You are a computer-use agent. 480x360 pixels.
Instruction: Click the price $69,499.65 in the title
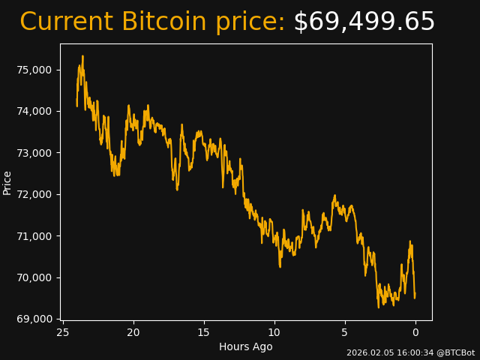[x=364, y=22]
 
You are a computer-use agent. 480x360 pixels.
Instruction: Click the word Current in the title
[x=66, y=22]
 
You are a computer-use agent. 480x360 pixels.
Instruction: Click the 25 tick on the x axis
[x=63, y=332]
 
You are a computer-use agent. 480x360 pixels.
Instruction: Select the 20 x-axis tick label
[x=133, y=332]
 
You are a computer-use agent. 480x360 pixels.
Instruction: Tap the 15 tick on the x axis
[x=204, y=332]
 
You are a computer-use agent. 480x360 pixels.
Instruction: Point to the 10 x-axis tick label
[x=274, y=332]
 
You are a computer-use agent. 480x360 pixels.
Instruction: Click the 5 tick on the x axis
[x=345, y=332]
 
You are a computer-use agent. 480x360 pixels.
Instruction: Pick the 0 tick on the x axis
[x=415, y=332]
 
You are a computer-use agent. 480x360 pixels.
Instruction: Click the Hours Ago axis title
[x=246, y=346]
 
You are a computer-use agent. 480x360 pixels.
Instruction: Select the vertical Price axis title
[x=7, y=182]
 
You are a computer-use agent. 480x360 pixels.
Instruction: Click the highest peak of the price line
[x=82, y=56]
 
